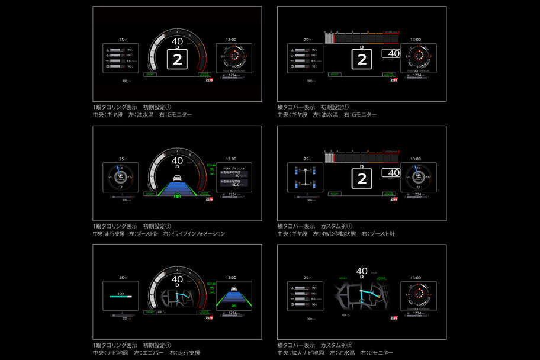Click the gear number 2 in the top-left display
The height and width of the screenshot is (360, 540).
tap(177, 59)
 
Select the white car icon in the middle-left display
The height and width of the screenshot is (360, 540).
tap(177, 179)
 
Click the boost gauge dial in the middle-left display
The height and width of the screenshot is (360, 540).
tap(121, 177)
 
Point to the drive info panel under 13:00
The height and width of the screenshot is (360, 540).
tap(233, 177)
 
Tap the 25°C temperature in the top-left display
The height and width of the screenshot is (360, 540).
tap(123, 40)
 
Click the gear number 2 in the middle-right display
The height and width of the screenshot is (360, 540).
tap(362, 178)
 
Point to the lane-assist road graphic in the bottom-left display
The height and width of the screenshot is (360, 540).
tap(233, 298)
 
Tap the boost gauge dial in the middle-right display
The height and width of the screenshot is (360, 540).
tap(418, 177)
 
